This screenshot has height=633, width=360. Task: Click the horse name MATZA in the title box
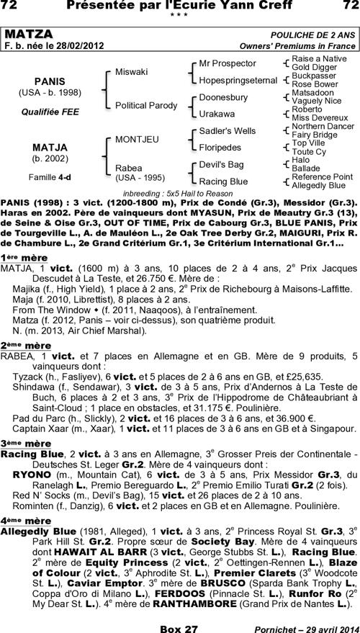(x=29, y=35)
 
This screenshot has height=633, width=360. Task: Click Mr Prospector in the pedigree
(x=227, y=63)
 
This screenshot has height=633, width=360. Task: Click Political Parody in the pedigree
(x=146, y=105)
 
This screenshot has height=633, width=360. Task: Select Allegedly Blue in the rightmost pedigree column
(x=318, y=185)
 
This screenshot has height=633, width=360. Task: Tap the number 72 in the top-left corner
(x=14, y=6)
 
